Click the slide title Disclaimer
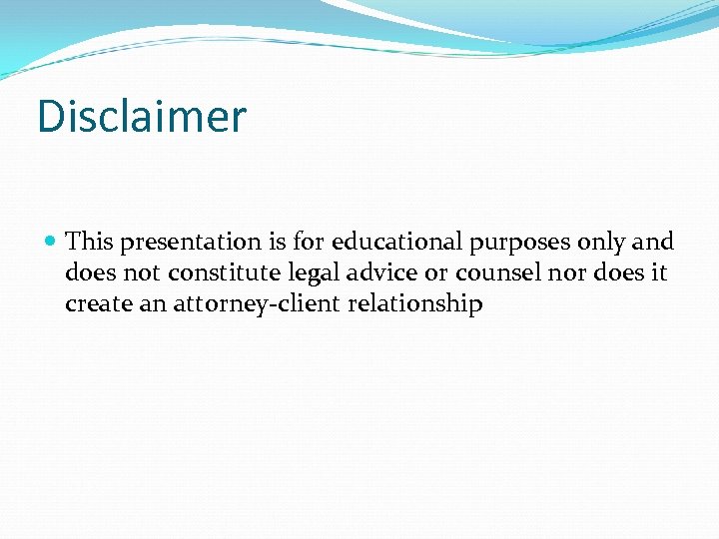141,117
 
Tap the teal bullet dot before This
51,242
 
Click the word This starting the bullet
90,242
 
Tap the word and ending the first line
653,242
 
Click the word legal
308,273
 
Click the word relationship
415,304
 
